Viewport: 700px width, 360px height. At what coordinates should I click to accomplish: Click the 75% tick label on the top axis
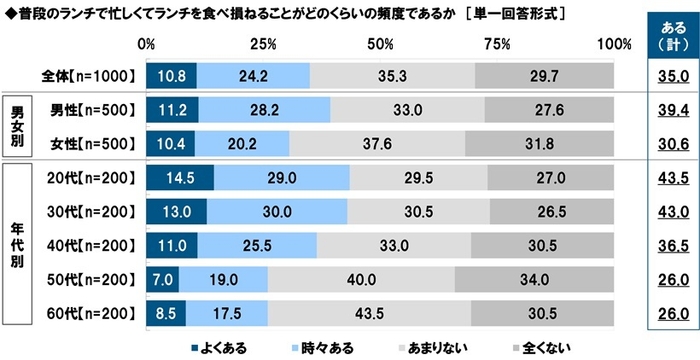point(495,44)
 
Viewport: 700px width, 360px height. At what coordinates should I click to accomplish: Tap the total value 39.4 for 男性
point(670,109)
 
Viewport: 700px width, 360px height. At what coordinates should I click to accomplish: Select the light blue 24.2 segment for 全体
point(253,75)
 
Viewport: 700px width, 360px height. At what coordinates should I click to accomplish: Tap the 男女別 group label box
point(16,126)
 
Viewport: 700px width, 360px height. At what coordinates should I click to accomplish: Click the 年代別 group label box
point(16,245)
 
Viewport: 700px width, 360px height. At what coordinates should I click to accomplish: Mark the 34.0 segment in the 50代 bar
point(534,279)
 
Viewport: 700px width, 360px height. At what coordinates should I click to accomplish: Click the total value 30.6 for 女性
point(670,143)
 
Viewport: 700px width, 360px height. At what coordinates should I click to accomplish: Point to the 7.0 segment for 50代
point(163,279)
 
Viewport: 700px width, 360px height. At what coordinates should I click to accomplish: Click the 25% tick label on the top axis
point(263,44)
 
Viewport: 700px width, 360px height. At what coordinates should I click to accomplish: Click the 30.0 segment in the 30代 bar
point(277,211)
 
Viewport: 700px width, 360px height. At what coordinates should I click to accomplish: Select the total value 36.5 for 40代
point(670,245)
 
